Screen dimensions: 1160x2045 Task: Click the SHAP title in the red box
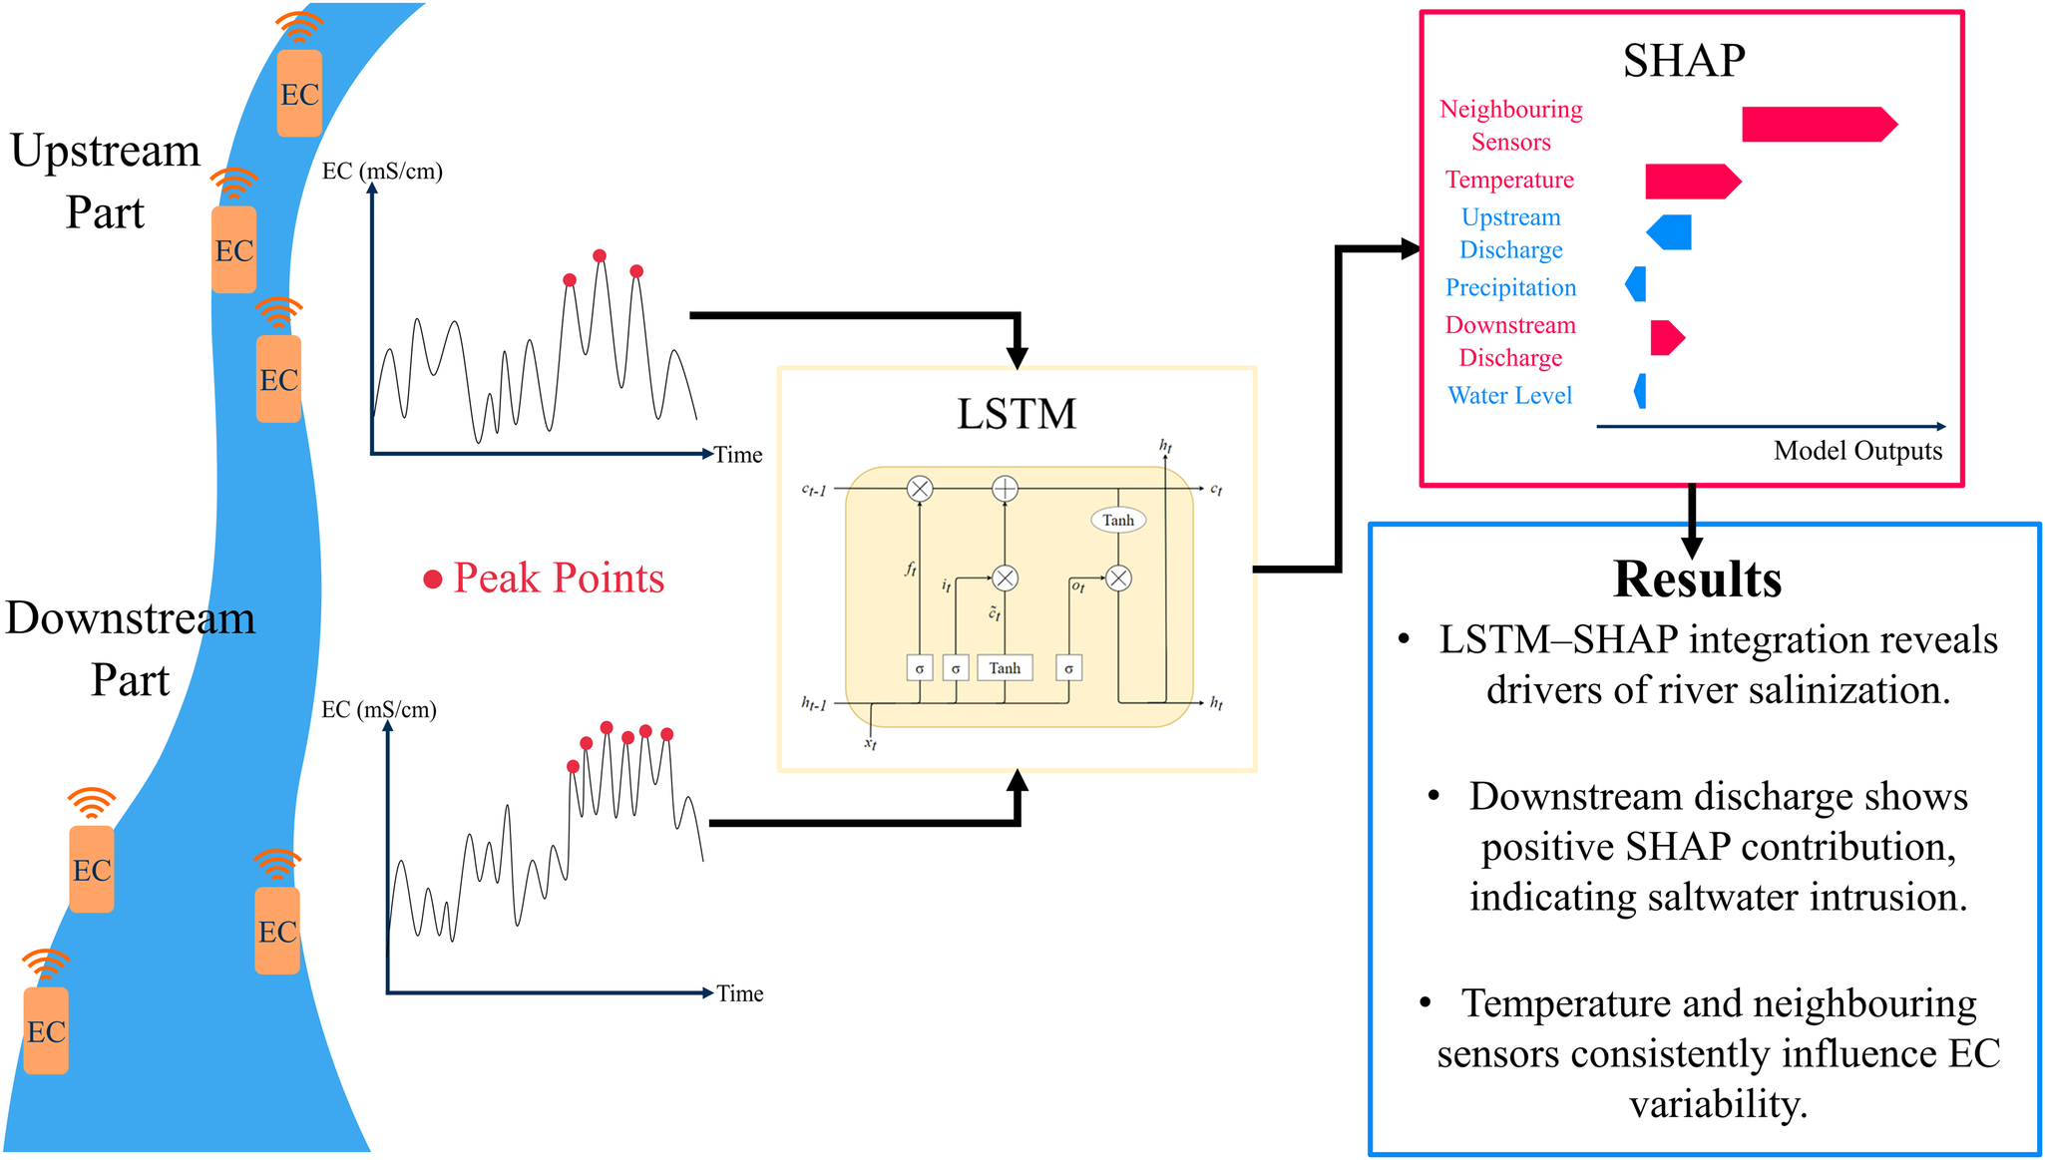(x=1684, y=61)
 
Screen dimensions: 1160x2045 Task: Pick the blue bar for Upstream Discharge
(x=1671, y=232)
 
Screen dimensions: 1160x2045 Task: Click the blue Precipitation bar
(x=1636, y=284)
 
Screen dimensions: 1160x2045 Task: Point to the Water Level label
(x=1509, y=396)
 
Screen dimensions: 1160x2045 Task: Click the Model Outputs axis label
(x=1857, y=451)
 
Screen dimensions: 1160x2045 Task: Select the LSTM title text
(x=1017, y=414)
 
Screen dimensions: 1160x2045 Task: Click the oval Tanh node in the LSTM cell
(x=1117, y=520)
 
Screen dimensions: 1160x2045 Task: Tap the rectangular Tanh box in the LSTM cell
(x=1005, y=668)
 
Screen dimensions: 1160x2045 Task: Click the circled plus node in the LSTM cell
(x=1005, y=489)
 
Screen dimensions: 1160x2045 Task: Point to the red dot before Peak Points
(x=433, y=580)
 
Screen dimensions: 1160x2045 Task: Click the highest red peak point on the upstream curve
(x=600, y=256)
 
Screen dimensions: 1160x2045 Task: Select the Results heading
(x=1697, y=580)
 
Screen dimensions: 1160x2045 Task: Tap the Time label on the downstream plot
(x=739, y=993)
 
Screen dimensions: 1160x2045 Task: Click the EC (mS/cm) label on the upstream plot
(x=382, y=172)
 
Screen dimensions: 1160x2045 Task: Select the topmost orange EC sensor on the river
(x=299, y=93)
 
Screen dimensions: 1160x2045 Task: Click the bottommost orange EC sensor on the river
(x=46, y=1030)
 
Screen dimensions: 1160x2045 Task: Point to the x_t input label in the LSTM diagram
(x=870, y=744)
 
